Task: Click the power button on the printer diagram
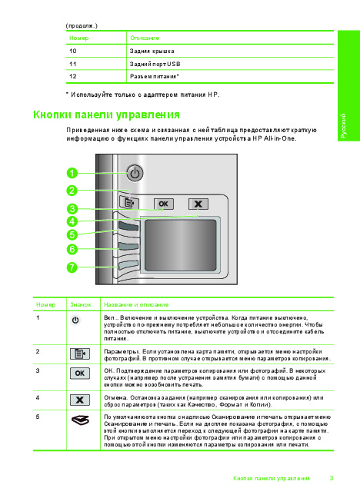(x=135, y=173)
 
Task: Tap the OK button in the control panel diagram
(x=164, y=204)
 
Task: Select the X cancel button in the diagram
(x=198, y=204)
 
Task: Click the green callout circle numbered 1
(x=72, y=173)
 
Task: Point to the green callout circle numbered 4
(x=72, y=221)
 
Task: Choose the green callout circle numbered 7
(x=72, y=267)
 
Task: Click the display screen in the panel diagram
(x=180, y=245)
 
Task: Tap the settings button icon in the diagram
(x=129, y=202)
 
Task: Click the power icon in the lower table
(x=75, y=320)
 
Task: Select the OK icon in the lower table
(x=80, y=373)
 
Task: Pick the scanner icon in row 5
(x=80, y=420)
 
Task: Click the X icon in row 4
(x=80, y=400)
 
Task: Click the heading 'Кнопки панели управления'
(x=106, y=115)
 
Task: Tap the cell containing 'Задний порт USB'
(x=230, y=64)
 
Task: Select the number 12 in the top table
(x=73, y=77)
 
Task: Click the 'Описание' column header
(x=145, y=38)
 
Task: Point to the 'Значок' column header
(x=81, y=304)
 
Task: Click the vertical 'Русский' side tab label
(x=343, y=126)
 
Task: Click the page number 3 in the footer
(x=332, y=478)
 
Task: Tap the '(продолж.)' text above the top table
(x=82, y=25)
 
